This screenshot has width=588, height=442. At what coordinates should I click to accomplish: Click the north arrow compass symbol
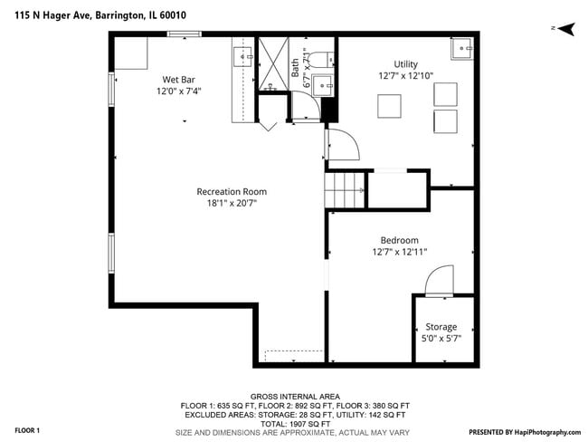coord(564,29)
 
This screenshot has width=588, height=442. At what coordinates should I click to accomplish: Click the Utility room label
coord(405,64)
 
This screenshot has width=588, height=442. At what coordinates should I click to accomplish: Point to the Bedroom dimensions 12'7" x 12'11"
coord(399,252)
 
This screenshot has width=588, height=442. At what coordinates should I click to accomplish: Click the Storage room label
coord(441,326)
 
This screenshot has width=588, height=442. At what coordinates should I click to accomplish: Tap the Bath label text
coord(296,69)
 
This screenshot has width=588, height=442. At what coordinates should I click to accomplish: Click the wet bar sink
coord(244,58)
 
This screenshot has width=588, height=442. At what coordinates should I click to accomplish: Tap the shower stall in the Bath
coord(272,64)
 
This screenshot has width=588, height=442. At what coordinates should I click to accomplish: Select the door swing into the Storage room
coord(440,282)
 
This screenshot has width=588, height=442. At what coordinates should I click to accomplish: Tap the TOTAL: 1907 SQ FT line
coord(294,424)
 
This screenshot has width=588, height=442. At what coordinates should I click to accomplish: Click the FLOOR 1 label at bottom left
coord(27,429)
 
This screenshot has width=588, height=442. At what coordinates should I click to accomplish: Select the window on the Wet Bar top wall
coord(184,34)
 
